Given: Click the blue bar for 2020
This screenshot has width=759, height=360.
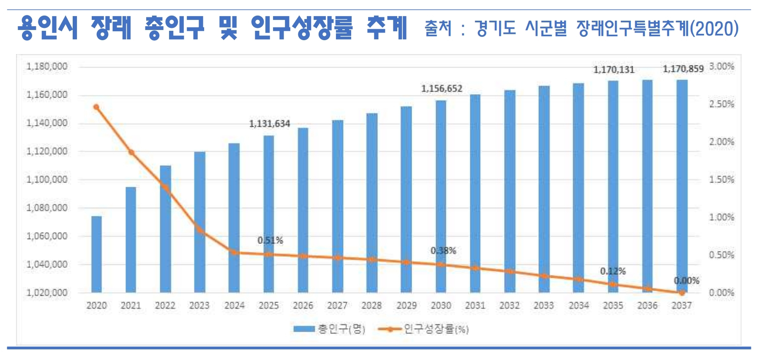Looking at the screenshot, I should [x=96, y=254].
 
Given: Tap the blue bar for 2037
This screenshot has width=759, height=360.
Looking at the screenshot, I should [x=682, y=186].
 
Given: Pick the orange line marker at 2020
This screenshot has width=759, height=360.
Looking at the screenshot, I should [x=96, y=107].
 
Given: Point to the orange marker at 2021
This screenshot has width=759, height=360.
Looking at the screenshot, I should [x=131, y=153].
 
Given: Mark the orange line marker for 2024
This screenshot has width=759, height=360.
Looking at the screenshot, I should [x=234, y=252].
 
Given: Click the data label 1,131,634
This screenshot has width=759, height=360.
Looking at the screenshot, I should [x=269, y=124].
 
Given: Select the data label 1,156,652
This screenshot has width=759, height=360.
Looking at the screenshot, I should [x=442, y=89].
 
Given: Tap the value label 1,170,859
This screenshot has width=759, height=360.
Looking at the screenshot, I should [x=683, y=69].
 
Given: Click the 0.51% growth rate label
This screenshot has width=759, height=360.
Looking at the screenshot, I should [x=270, y=240].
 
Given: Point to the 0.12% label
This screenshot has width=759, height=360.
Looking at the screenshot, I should [x=613, y=271].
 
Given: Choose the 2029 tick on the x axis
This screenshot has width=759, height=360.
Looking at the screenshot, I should [x=406, y=305].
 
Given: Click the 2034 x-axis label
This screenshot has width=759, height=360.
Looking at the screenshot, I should [x=579, y=305].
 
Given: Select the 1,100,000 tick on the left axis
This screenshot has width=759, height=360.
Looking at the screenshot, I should [x=47, y=180].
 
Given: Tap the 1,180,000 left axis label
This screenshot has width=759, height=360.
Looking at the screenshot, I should [x=47, y=67].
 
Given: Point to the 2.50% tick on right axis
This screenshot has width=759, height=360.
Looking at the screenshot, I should [x=721, y=104].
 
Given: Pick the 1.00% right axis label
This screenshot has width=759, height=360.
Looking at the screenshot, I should [x=721, y=217].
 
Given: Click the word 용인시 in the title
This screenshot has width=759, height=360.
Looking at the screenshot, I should [x=47, y=28].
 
